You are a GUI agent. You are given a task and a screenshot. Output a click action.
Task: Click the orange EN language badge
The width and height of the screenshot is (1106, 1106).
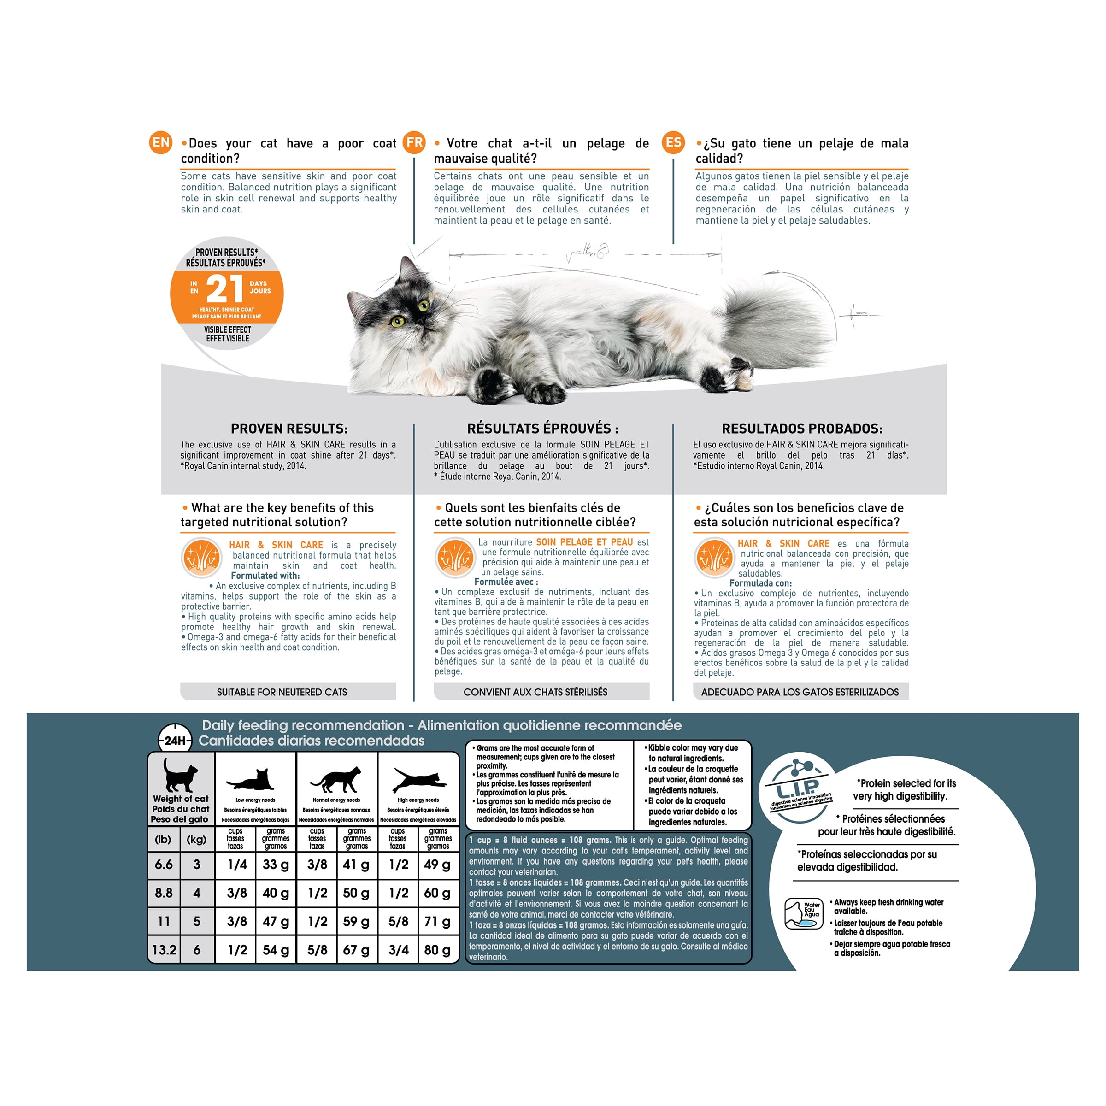click(x=161, y=142)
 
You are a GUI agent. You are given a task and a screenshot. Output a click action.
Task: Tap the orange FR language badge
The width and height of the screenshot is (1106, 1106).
click(x=414, y=142)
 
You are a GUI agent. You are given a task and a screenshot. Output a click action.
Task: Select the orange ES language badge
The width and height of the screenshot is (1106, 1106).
click(x=674, y=142)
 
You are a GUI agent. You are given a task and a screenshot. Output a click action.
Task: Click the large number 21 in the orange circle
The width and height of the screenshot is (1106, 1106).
click(x=224, y=288)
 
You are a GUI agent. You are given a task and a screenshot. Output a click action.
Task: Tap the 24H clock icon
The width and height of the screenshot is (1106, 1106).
click(x=175, y=741)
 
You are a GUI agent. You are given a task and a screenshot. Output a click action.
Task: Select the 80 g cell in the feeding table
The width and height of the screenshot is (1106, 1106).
click(x=438, y=950)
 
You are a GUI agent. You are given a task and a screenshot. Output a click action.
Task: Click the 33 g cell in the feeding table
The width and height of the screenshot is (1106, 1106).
click(x=276, y=865)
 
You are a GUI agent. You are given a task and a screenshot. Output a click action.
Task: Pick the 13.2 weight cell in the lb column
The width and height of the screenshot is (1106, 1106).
click(x=165, y=950)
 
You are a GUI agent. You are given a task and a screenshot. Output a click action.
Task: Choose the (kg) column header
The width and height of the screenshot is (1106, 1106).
click(x=197, y=839)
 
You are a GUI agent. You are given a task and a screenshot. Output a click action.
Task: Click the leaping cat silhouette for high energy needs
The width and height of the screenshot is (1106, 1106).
click(x=419, y=780)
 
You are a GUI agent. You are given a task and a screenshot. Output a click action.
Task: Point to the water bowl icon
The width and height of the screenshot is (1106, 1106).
click(x=804, y=914)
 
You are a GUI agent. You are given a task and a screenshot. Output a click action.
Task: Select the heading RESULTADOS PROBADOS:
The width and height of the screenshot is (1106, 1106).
click(x=802, y=428)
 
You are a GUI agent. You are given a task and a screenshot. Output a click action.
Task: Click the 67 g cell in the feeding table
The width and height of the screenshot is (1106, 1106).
click(x=356, y=950)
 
